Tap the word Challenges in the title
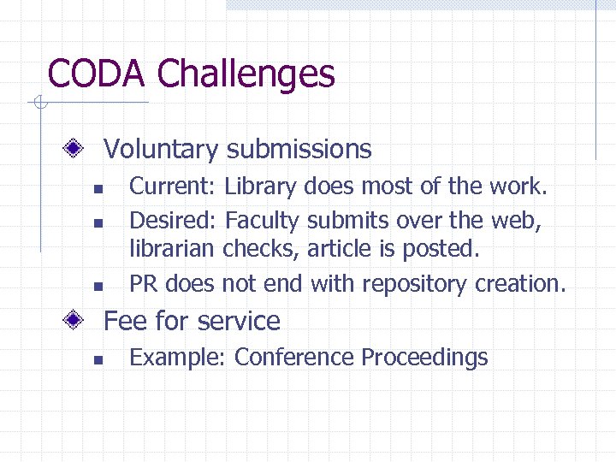pyautogui.click(x=246, y=75)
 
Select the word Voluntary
pyautogui.click(x=161, y=150)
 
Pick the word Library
pyautogui.click(x=260, y=187)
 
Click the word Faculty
pyautogui.click(x=262, y=222)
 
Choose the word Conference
pyautogui.click(x=294, y=357)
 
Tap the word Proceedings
pyautogui.click(x=424, y=358)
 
